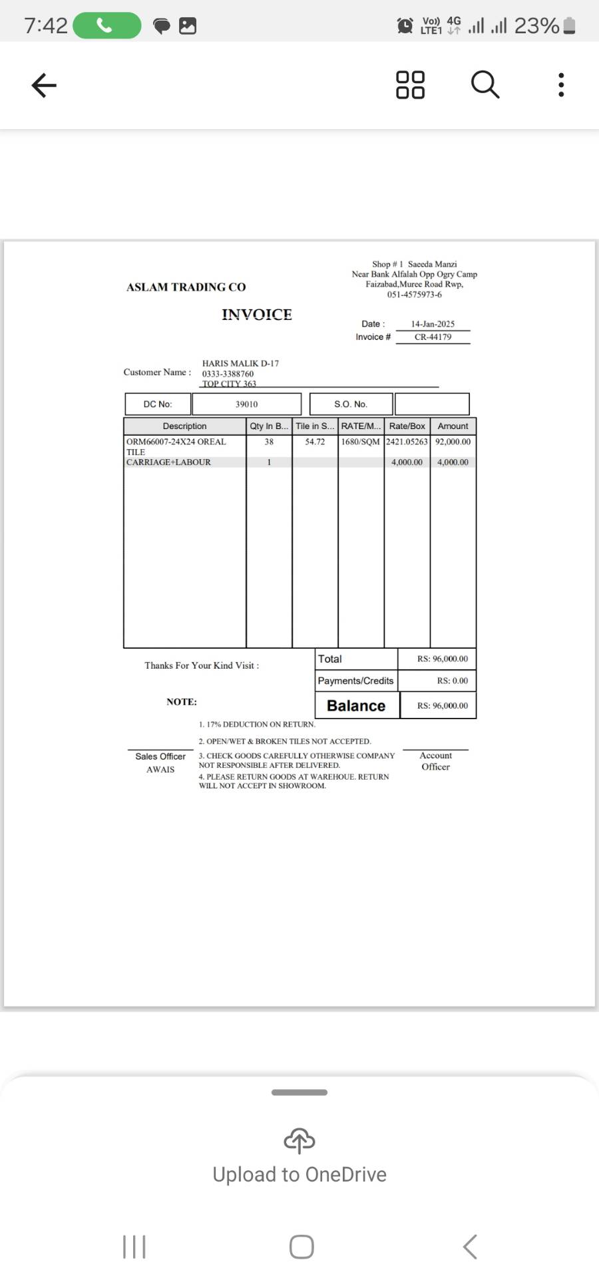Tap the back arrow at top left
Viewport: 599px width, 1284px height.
(44, 85)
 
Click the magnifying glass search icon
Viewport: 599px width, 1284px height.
(485, 85)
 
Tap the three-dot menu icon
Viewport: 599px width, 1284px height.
(561, 85)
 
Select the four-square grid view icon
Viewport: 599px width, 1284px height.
(410, 85)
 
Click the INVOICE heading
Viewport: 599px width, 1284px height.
(257, 315)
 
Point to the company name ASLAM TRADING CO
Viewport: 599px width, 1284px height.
(186, 287)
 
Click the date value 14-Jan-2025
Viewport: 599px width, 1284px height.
(433, 324)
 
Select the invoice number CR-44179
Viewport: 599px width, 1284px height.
(433, 337)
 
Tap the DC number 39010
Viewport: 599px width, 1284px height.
(246, 404)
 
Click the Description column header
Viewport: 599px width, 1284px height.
(184, 426)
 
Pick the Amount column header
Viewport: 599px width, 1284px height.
(453, 426)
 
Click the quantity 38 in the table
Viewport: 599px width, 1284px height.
(269, 442)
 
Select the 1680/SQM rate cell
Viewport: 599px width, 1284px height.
(361, 442)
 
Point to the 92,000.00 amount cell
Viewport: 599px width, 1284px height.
(453, 442)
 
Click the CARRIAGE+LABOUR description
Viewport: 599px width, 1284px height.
(168, 462)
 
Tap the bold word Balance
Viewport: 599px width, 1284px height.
(356, 706)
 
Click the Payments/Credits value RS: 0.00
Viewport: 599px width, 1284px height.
(452, 681)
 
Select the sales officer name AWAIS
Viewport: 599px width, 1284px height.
(160, 770)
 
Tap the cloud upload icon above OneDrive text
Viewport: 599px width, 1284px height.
(299, 1140)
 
